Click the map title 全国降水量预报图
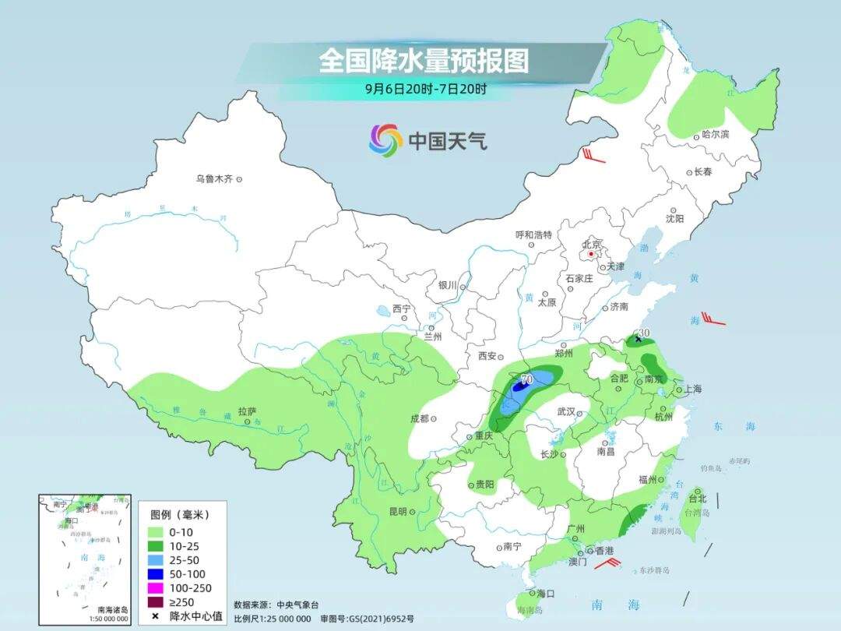(x=424, y=61)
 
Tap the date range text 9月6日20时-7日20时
(x=426, y=89)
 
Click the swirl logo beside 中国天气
(x=385, y=139)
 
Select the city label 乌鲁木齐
(x=214, y=178)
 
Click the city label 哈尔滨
(x=715, y=134)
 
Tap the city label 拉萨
(x=247, y=411)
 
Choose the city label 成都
(x=419, y=418)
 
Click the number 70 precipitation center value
(x=526, y=379)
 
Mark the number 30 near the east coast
(x=643, y=333)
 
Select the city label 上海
(x=692, y=390)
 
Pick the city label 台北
(x=697, y=498)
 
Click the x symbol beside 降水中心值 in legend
(x=155, y=616)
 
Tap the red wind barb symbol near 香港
(x=604, y=562)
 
